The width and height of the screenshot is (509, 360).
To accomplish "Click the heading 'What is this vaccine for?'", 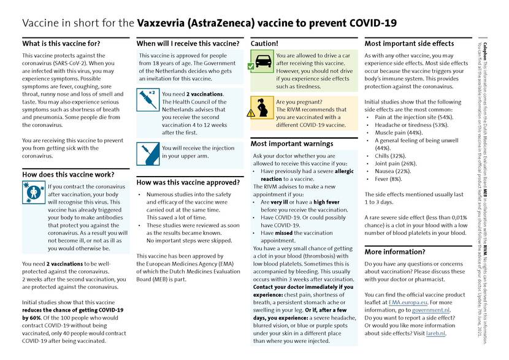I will click(x=61, y=44).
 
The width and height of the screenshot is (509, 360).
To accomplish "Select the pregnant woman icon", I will click(x=262, y=109).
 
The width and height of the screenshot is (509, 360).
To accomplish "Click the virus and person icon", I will click(x=34, y=193).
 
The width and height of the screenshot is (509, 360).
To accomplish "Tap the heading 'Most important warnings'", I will click(x=292, y=144).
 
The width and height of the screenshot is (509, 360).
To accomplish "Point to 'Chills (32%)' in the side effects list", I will click(x=395, y=155).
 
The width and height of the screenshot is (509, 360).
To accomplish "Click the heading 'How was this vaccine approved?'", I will click(x=188, y=182).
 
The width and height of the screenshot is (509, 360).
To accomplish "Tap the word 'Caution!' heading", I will click(x=264, y=44).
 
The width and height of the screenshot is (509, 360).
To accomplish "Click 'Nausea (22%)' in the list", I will click(x=397, y=171).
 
